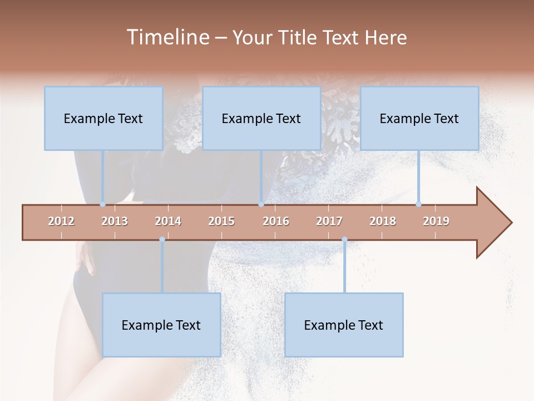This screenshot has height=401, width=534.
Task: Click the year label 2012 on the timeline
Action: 61,221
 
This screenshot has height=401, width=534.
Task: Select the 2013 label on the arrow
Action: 115,221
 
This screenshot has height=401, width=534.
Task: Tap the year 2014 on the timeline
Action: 168,221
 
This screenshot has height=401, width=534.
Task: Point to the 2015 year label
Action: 221,221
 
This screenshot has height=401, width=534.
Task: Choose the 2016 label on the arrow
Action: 276,221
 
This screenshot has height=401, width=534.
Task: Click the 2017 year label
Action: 329,221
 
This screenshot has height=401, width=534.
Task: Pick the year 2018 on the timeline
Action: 383,221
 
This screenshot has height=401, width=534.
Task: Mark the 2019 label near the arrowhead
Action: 436,221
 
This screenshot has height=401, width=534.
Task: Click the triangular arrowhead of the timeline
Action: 493,223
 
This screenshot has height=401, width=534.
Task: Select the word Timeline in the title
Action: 167,37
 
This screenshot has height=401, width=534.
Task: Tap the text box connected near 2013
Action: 103,118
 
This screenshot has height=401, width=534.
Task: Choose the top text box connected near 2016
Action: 261,118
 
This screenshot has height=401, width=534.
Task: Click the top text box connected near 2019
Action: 419,118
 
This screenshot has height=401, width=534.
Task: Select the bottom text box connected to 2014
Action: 161,325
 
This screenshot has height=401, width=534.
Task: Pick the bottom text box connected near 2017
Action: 344,325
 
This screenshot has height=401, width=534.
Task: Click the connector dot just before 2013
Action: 103,204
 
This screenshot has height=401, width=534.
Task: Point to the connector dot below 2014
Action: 162,239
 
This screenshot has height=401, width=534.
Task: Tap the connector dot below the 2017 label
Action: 344,239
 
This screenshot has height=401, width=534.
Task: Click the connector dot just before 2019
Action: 419,204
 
